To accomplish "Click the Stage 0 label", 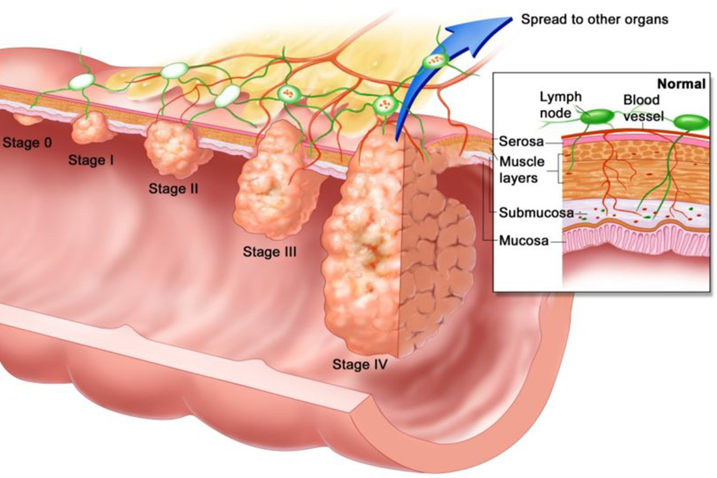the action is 27,142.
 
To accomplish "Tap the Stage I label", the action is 91,160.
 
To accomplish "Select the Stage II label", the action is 174,188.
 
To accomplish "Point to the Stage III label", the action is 270,251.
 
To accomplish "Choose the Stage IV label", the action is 360,364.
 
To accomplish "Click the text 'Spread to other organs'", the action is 595,19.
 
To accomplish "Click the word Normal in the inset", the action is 681,84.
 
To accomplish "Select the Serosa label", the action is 521,141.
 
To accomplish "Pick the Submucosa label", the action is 536,213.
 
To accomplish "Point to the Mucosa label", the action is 524,240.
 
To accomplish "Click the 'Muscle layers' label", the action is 522,170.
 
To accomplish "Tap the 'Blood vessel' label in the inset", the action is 643,108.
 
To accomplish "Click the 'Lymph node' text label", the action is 561,105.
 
